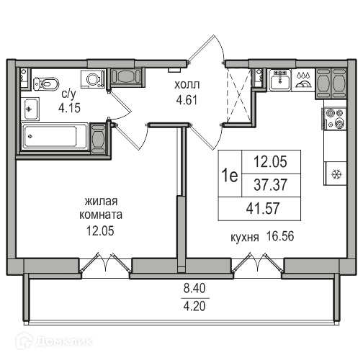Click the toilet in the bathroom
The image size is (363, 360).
tap(46, 84)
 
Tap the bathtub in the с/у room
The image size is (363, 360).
tap(54, 137)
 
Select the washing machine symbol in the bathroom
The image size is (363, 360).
tap(93, 78)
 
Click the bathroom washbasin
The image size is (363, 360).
tap(30, 109)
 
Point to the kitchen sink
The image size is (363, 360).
tap(280, 80)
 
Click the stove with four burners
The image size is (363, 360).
tap(335, 119)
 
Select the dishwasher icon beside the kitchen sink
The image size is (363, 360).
tap(303, 81)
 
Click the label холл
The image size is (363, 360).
tap(187, 85)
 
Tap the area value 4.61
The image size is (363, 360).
tap(187, 100)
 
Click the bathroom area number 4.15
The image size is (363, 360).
tap(69, 108)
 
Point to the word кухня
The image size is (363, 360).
tap(245, 238)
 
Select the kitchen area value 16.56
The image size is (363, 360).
tap(280, 236)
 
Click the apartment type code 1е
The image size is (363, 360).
tap(230, 175)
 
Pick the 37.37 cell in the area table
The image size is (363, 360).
tap(270, 185)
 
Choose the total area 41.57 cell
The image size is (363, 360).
tap(263, 208)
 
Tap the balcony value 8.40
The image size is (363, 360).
tap(194, 288)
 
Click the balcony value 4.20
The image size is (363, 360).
tap(194, 306)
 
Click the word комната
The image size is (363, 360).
tap(101, 215)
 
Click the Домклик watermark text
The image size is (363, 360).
tap(64, 341)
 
